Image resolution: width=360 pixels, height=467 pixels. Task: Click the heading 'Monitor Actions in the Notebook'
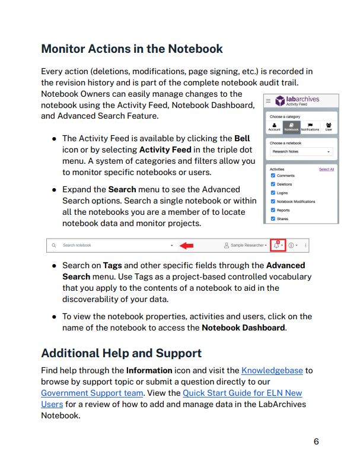point(132,49)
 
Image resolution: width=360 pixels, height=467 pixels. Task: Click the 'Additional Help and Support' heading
point(121,353)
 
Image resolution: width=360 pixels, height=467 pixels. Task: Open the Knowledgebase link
point(272,370)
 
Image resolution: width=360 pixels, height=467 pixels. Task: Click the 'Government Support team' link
point(92,393)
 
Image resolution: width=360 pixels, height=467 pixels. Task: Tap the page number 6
point(316,441)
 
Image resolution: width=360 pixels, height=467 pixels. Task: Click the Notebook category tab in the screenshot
point(291,126)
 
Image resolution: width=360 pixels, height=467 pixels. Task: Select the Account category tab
point(274,126)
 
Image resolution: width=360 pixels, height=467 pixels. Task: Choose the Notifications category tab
point(310,126)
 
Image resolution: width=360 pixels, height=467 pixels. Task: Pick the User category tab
point(329,126)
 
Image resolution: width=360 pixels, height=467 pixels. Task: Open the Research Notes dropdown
point(301,152)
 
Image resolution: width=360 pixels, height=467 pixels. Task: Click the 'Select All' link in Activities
point(326,169)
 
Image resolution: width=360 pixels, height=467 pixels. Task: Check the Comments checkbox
point(273,176)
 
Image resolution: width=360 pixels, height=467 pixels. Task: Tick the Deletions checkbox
point(273,185)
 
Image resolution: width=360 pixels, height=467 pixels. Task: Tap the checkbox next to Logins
point(273,193)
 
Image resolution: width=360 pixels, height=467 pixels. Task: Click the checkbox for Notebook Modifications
point(273,202)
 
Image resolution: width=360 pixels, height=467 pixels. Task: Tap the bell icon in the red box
point(276,245)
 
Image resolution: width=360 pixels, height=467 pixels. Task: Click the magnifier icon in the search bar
point(53,245)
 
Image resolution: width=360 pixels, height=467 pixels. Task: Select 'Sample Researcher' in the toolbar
point(246,245)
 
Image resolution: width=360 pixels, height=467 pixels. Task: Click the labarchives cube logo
point(280,101)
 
